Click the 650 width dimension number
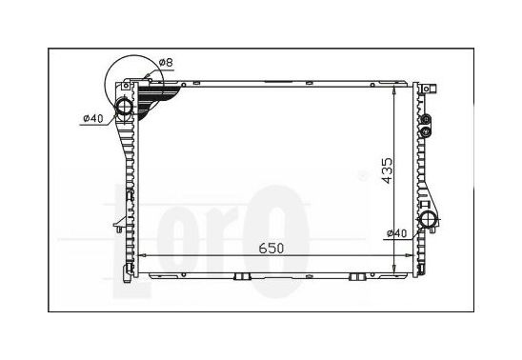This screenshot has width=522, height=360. (271, 249)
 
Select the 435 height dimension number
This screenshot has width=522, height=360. (387, 171)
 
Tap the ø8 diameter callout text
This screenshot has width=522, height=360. (166, 63)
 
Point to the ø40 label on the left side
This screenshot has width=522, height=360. (93, 118)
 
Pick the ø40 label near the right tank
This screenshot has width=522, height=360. (397, 233)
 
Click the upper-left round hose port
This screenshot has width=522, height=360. (124, 106)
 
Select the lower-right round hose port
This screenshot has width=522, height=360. (429, 219)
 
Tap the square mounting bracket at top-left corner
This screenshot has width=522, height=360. (125, 86)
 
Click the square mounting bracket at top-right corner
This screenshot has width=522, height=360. (426, 89)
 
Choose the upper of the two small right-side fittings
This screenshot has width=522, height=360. (426, 119)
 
